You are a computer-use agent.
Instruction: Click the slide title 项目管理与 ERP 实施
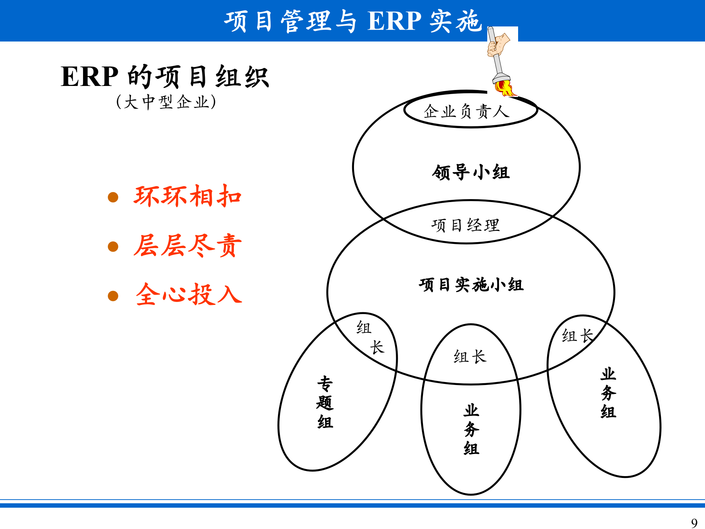point(352,21)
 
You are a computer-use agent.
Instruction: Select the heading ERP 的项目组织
point(165,77)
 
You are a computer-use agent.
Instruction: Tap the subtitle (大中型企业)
point(166,102)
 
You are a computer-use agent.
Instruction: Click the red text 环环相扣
point(187,196)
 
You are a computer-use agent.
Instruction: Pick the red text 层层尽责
point(187,245)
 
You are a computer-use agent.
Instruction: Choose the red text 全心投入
point(189,294)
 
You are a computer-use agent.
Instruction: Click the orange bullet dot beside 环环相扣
point(113,197)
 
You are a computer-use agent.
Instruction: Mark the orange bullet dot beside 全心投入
point(113,296)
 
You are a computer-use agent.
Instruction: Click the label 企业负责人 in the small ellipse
point(466,111)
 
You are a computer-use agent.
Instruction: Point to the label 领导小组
point(471,172)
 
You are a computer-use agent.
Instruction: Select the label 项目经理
point(466,225)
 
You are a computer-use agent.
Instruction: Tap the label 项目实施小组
point(471,285)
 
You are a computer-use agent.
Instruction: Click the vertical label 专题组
point(325,403)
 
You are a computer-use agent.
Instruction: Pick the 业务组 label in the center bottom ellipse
point(471,429)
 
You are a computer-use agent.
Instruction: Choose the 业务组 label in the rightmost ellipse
point(608,393)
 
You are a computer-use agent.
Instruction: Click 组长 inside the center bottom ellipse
point(470,356)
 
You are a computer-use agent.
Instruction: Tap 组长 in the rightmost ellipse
point(577,335)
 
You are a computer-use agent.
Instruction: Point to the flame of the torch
point(504,88)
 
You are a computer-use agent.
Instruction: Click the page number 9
point(694,522)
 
